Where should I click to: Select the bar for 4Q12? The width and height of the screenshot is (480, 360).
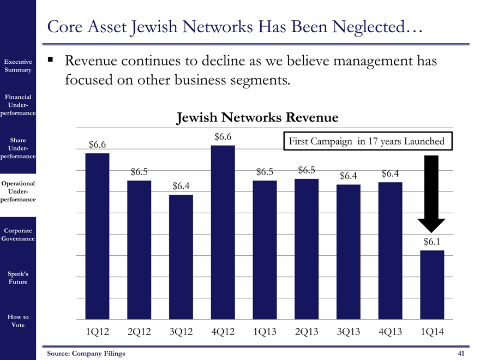click(223, 232)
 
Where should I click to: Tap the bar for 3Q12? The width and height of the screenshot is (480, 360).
click(181, 257)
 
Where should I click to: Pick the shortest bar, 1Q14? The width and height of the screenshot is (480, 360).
click(432, 285)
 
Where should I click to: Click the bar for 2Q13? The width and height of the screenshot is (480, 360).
click(307, 249)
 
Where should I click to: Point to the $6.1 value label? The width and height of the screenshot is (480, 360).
click(432, 241)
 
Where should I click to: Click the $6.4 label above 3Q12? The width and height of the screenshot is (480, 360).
click(181, 186)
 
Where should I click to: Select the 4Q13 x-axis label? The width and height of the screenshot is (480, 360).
click(390, 332)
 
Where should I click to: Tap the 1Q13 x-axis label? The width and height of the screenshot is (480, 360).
click(265, 332)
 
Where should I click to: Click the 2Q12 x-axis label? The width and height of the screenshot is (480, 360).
click(139, 332)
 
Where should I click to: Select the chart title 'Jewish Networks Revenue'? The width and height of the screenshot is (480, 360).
click(257, 118)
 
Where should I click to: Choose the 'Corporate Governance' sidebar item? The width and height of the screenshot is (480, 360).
click(19, 234)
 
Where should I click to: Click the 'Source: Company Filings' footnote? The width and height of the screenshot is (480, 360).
click(86, 353)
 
